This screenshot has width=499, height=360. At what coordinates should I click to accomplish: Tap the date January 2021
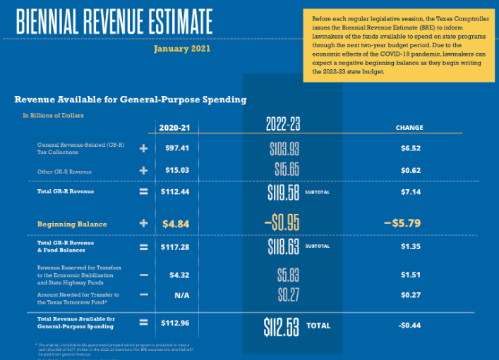181,49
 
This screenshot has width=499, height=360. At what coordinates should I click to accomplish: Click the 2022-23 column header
283,124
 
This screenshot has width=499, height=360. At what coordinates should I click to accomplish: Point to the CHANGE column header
409,128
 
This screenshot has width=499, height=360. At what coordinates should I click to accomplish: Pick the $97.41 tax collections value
177,148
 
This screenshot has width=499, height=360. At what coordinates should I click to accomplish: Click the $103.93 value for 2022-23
284,149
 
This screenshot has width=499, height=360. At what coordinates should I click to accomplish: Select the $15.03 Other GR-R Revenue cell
177,171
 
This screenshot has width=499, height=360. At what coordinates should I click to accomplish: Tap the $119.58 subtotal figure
284,193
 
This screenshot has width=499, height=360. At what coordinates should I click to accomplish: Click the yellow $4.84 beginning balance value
176,224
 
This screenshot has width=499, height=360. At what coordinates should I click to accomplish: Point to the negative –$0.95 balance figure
282,224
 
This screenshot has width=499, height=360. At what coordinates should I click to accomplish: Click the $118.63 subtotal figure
284,246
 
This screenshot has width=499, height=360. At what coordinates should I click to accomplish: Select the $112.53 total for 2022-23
282,326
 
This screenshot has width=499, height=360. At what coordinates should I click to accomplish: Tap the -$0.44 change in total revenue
409,325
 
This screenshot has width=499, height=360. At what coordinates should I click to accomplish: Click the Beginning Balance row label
72,224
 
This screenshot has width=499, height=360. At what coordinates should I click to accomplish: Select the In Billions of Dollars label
53,114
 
